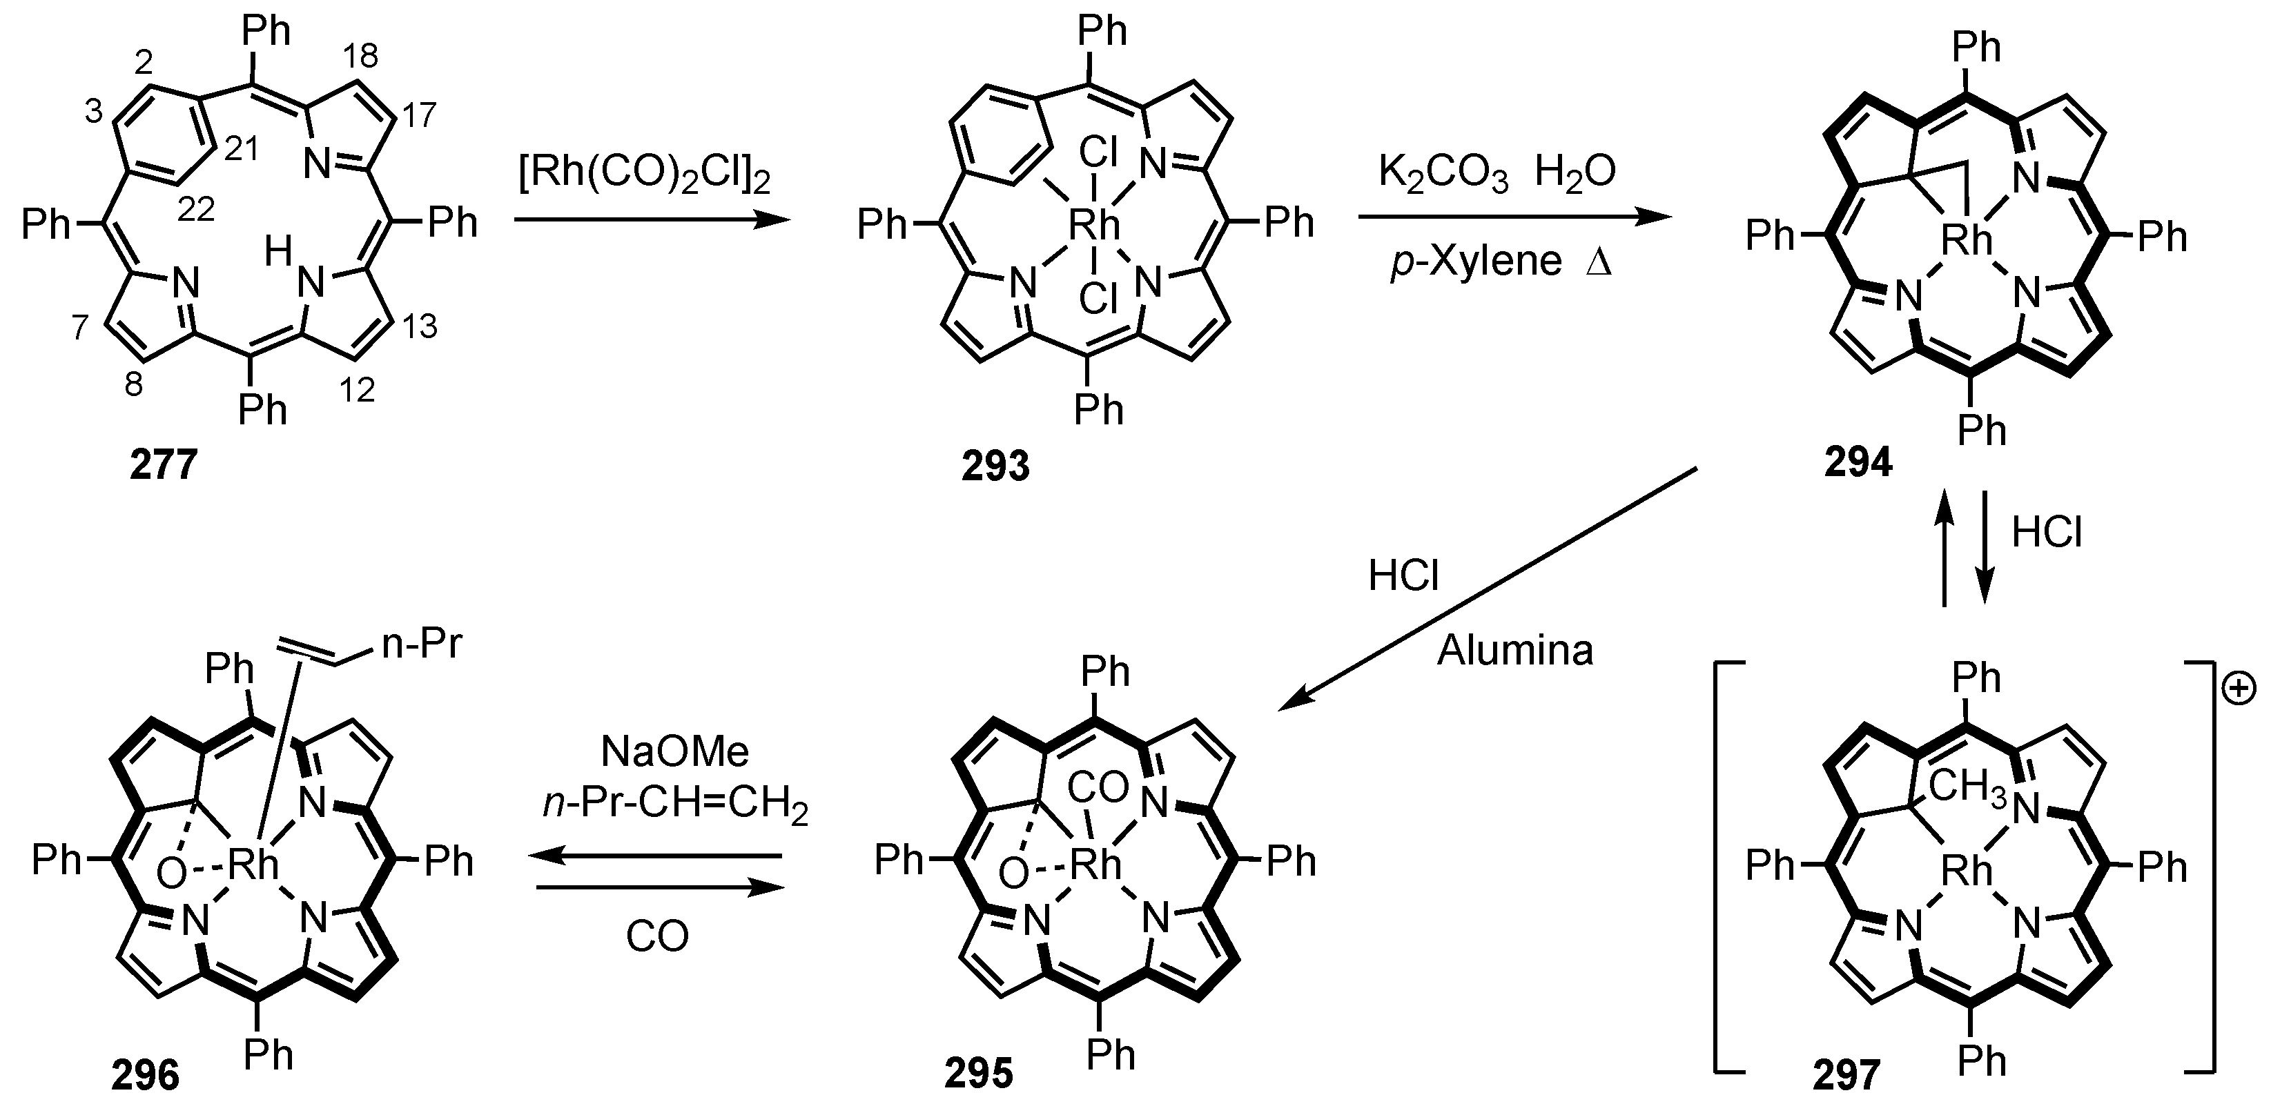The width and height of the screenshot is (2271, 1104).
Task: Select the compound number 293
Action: tap(995, 464)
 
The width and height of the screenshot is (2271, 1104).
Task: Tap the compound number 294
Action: tap(1858, 462)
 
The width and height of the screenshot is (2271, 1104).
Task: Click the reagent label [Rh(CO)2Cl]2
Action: tap(645, 176)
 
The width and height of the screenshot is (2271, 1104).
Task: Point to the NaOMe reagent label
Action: tap(674, 751)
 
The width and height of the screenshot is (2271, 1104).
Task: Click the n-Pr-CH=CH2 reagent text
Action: tap(674, 805)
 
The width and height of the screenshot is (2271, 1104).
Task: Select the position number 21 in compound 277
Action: tap(241, 149)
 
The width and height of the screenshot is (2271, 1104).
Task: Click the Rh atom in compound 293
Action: tap(1094, 226)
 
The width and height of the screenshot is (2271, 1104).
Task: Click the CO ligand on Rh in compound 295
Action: tap(1098, 788)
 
